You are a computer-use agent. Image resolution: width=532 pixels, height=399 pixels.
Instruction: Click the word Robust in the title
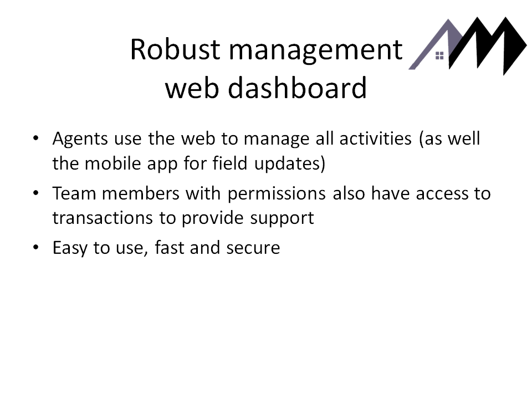coord(175,49)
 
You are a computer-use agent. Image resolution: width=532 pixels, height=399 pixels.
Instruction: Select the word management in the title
coord(316,52)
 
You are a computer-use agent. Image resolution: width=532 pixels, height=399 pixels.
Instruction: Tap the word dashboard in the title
coord(297,88)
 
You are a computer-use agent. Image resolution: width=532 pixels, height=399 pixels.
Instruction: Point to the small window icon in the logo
coord(439,55)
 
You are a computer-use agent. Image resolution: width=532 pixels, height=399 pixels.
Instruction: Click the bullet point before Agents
coord(36,138)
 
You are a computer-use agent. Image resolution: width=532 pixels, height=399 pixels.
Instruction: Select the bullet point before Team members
coord(36,193)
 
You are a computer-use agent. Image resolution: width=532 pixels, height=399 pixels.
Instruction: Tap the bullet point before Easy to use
coord(36,247)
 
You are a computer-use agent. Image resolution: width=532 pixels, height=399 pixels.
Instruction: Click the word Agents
coord(80,139)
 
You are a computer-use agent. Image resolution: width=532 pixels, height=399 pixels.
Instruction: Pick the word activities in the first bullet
coord(376,139)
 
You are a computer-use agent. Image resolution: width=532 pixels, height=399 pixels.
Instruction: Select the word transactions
coord(103,218)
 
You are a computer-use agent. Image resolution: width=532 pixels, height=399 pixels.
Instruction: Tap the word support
coord(282,219)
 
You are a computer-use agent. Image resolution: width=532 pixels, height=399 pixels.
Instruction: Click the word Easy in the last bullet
coord(70,248)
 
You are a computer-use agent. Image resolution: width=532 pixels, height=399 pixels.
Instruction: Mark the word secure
coord(253,248)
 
